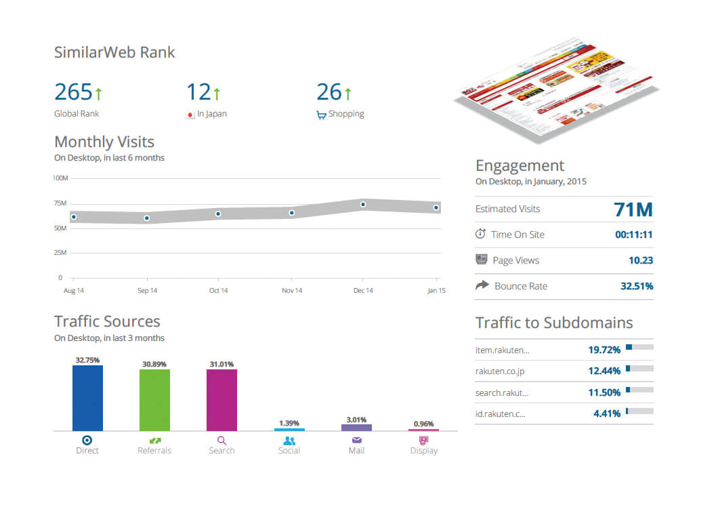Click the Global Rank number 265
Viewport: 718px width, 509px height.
(x=73, y=92)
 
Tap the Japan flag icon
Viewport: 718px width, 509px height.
(x=190, y=115)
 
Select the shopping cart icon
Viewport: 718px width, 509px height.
(x=321, y=115)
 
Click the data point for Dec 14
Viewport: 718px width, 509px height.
(x=363, y=204)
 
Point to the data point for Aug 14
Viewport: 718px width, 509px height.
(x=73, y=218)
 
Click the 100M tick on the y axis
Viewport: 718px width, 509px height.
(x=60, y=178)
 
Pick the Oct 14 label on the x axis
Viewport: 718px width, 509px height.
(x=218, y=291)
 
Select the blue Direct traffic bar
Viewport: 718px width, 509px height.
(x=87, y=398)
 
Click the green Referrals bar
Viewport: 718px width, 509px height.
(x=154, y=400)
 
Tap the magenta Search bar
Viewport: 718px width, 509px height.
(x=221, y=400)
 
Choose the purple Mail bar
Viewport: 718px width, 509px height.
(x=356, y=428)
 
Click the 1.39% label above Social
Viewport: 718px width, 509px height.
(x=289, y=423)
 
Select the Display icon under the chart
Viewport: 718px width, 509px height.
(x=424, y=440)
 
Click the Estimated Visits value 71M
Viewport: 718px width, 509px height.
(x=633, y=209)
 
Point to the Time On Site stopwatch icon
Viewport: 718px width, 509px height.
(x=480, y=234)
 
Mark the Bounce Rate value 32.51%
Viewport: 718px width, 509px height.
(x=637, y=286)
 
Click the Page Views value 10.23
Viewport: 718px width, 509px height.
(x=641, y=260)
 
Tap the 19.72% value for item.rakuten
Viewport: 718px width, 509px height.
(x=604, y=350)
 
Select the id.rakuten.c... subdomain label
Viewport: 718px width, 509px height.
(x=501, y=413)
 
